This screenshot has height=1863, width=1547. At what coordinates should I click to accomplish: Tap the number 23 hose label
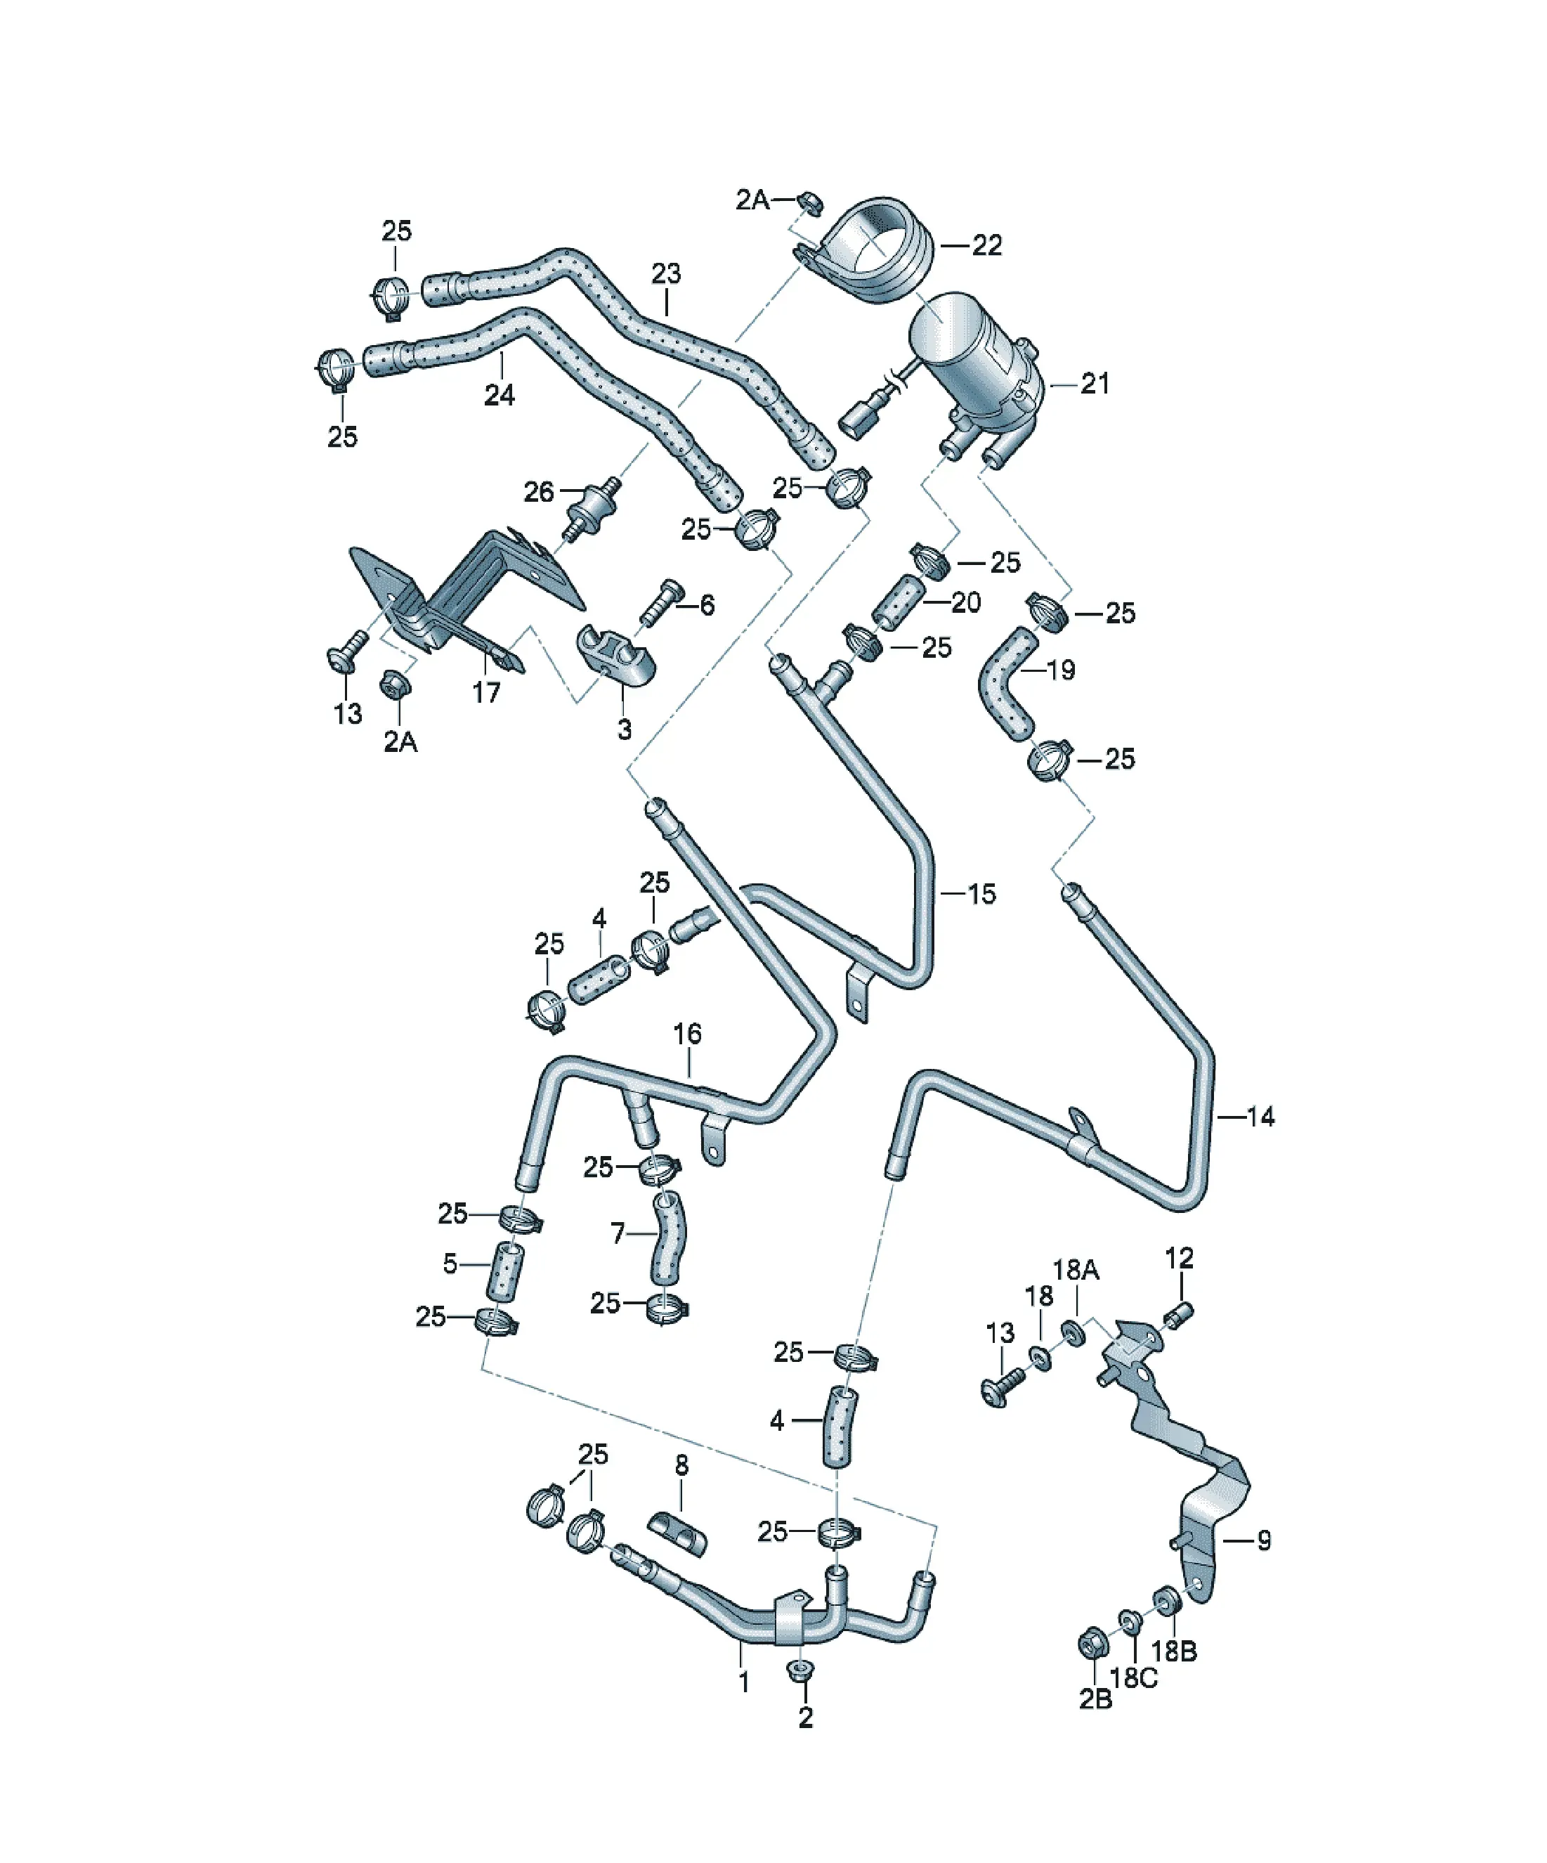click(666, 273)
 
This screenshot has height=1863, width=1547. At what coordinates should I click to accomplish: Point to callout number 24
click(500, 395)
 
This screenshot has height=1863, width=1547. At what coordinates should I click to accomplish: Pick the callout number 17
click(486, 693)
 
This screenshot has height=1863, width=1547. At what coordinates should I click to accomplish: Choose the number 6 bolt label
click(707, 605)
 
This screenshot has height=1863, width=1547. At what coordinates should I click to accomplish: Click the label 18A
click(1076, 1271)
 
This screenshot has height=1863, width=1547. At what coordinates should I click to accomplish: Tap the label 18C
click(1135, 1677)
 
